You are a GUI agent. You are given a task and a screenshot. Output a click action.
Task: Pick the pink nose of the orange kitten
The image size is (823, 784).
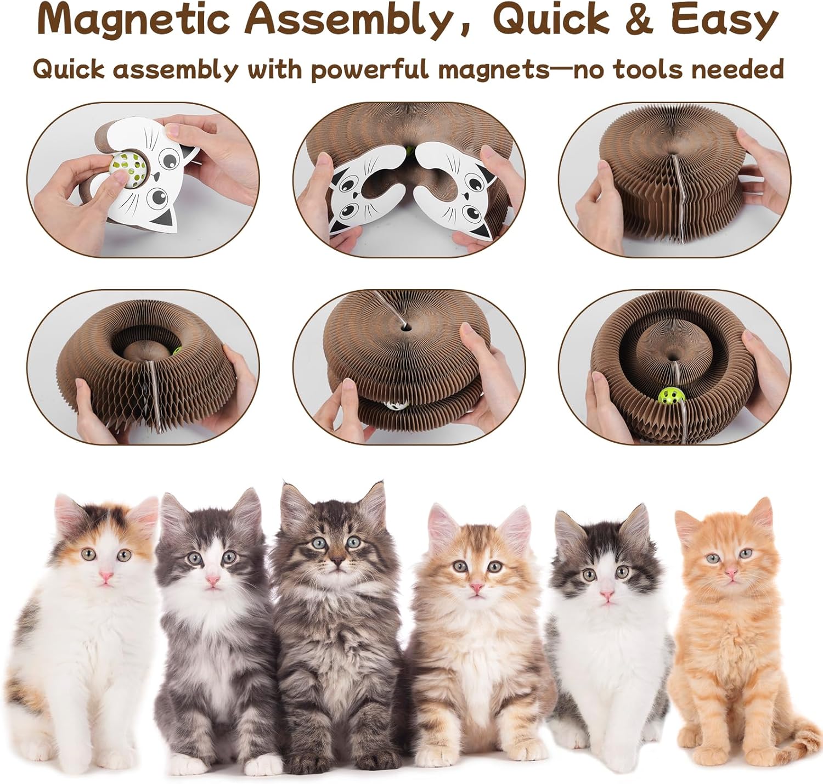point(731,571)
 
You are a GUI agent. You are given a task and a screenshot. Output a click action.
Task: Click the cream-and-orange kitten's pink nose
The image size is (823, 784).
point(476,587)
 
